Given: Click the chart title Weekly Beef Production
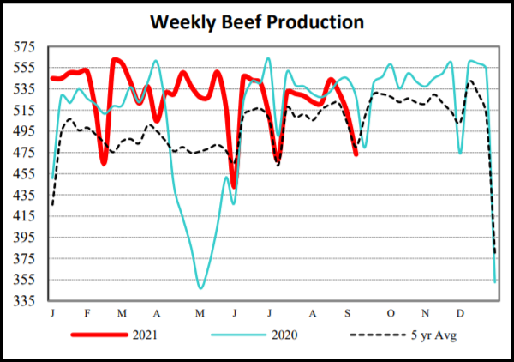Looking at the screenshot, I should (x=257, y=21).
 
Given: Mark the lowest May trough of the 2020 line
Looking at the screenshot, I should (x=201, y=287).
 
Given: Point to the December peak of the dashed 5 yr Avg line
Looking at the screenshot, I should (x=471, y=81).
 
